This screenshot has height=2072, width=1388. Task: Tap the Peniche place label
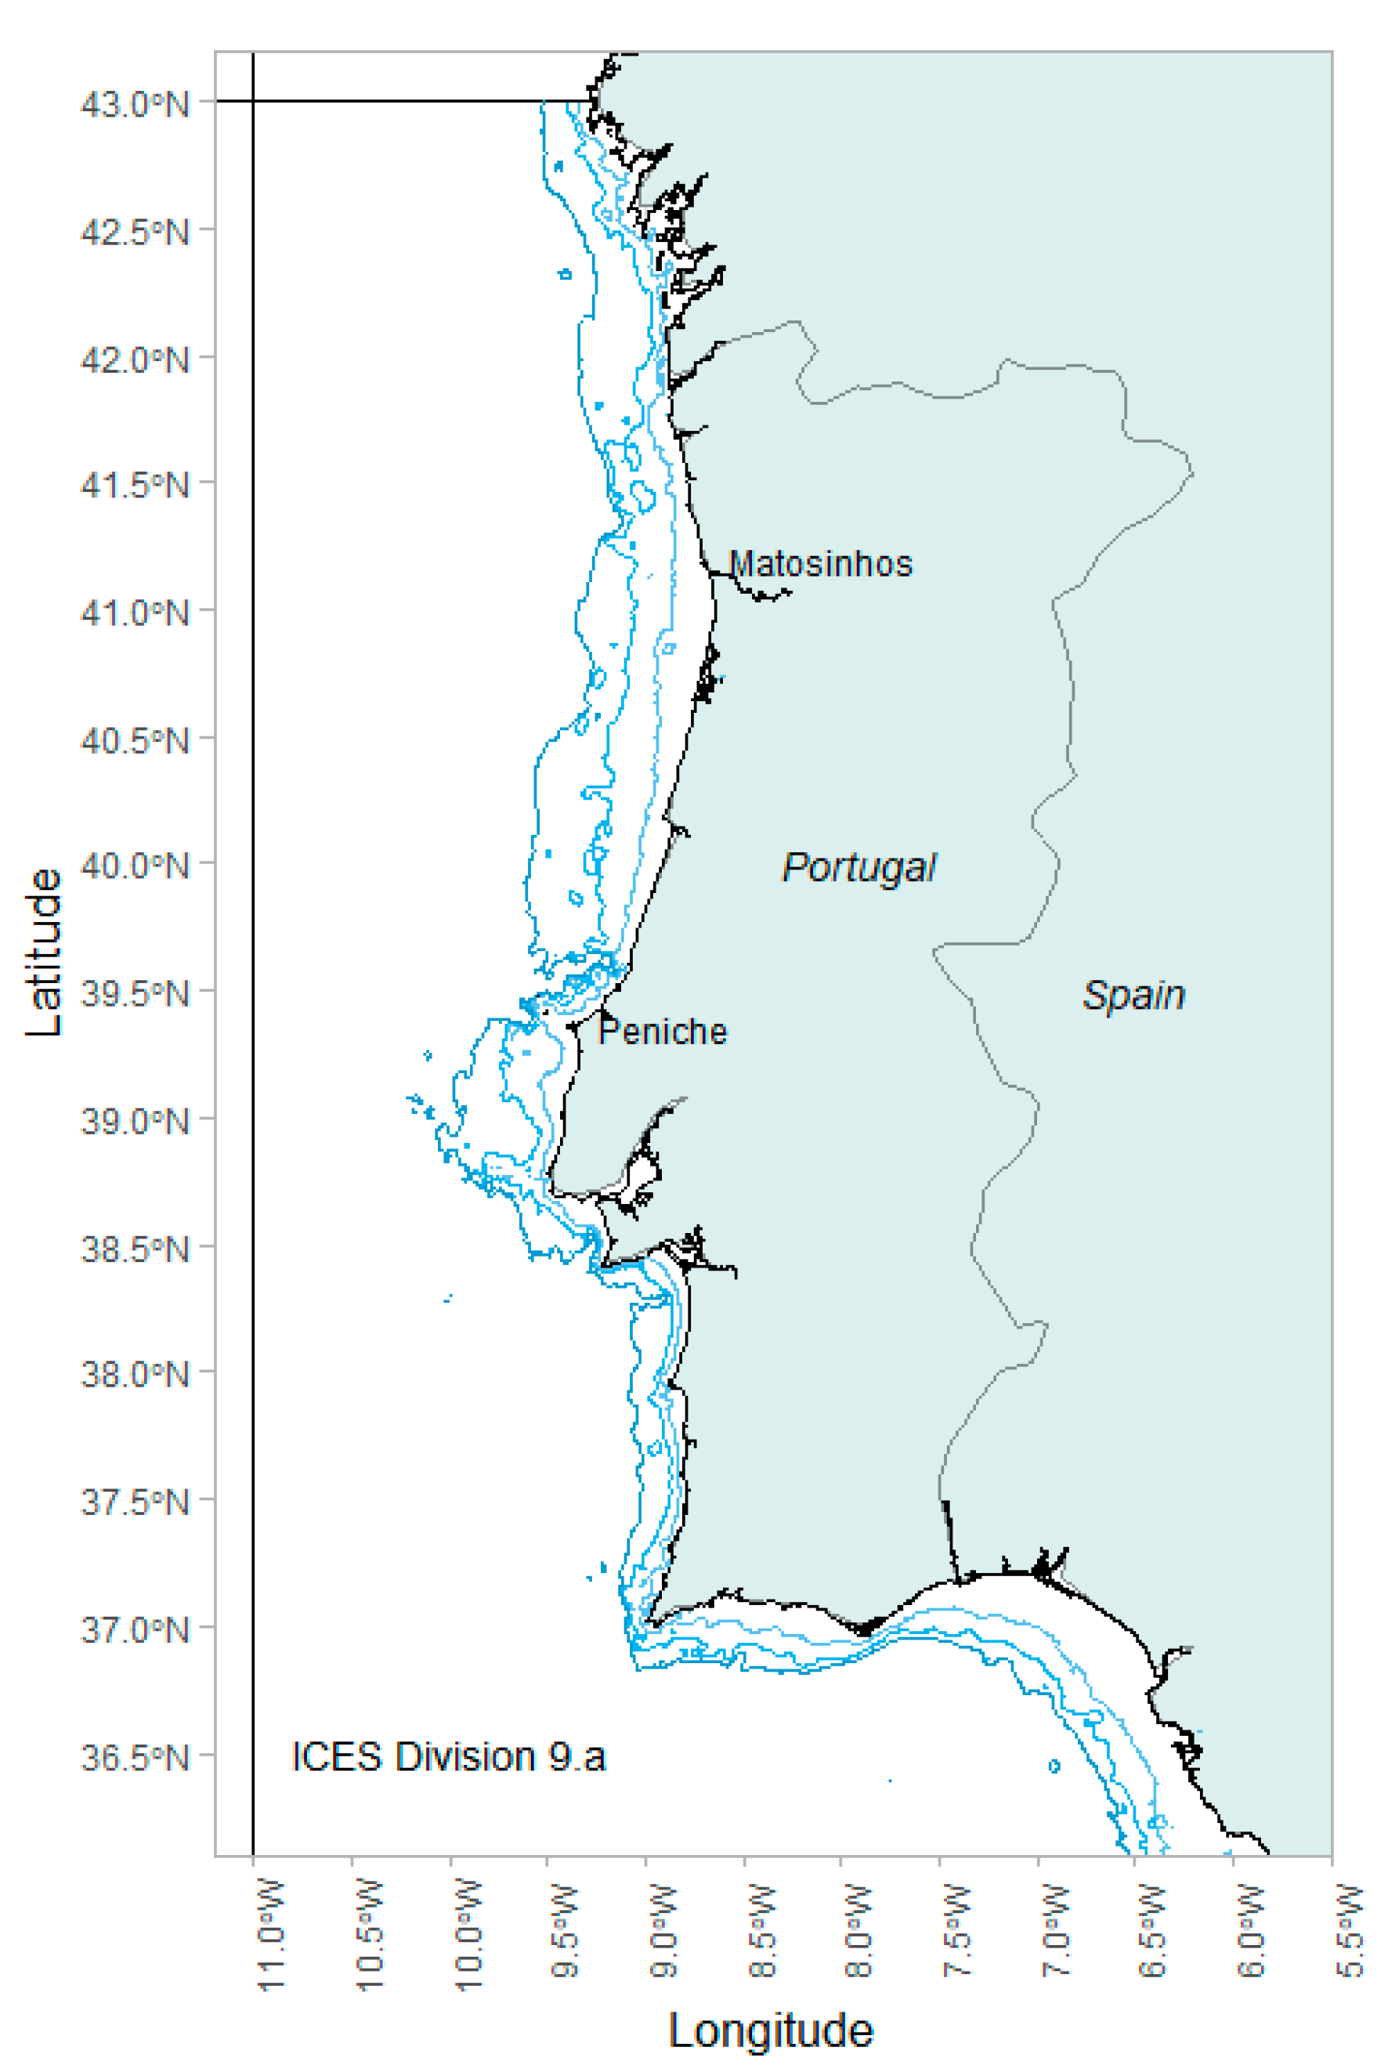point(663,1032)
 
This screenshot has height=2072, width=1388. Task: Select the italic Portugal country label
point(858,868)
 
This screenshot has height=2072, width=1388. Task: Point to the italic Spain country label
point(1134,996)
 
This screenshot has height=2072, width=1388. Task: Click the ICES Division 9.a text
point(448,1757)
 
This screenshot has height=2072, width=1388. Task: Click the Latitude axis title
point(43,953)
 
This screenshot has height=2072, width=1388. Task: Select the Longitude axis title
point(770,2030)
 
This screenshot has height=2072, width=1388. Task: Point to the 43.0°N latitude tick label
point(135,104)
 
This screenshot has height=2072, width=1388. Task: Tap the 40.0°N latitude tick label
point(135,866)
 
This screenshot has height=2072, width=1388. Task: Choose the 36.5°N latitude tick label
point(135,1758)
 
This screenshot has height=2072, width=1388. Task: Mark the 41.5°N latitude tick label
point(135,485)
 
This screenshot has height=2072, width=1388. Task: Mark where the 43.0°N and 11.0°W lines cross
point(253,102)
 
